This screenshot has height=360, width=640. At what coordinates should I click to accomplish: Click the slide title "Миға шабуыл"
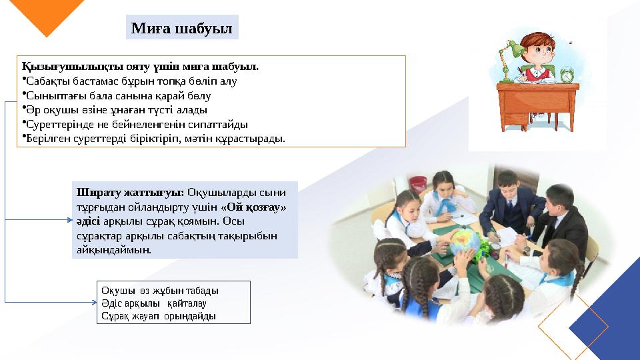[x=181, y=29]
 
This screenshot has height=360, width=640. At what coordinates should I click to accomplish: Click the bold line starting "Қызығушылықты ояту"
[x=141, y=67]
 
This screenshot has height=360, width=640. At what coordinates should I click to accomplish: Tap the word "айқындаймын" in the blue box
[x=114, y=251]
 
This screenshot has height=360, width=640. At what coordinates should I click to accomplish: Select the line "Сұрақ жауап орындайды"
[x=159, y=315]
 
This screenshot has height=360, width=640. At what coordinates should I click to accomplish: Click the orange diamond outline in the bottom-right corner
[x=573, y=326]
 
